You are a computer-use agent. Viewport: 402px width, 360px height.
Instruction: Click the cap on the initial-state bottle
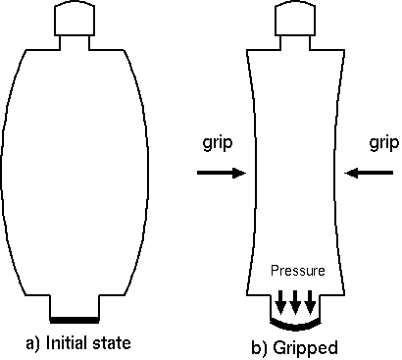point(75,19)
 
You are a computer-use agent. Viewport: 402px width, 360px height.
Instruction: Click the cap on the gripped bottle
point(295,19)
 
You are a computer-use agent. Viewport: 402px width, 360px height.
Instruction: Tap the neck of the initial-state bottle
point(75,42)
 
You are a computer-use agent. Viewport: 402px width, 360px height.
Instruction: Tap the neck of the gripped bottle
point(295,42)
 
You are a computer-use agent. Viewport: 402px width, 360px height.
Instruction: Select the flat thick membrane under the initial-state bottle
point(75,320)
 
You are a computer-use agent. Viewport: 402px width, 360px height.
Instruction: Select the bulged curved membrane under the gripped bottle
point(295,327)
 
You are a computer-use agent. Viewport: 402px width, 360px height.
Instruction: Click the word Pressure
point(298,271)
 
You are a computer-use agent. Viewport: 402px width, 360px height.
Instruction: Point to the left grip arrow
point(222,173)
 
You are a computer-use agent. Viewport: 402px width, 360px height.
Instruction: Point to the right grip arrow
point(369,173)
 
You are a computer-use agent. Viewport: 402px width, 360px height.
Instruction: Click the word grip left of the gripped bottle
point(218,143)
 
